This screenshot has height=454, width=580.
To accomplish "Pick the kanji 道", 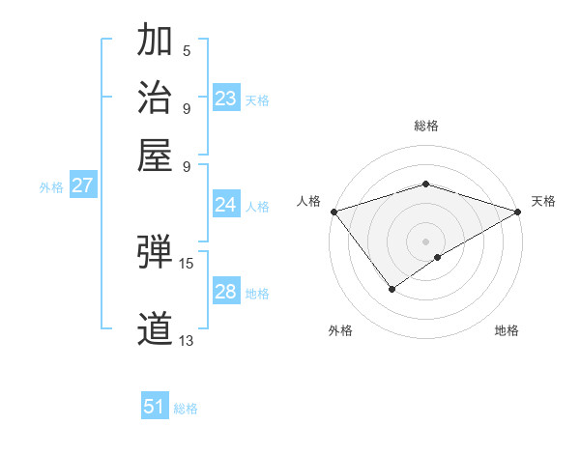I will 155,329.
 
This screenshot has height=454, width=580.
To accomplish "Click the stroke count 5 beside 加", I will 187,51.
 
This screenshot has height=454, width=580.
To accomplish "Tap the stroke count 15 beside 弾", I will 187,263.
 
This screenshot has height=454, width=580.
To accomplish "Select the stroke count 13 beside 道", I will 187,340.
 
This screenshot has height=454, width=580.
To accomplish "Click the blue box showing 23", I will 226,99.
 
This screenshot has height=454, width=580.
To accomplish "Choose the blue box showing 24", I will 226,205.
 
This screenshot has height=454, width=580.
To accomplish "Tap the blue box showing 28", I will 226,292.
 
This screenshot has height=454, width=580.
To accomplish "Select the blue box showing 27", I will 82,185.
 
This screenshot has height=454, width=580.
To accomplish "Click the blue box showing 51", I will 155,407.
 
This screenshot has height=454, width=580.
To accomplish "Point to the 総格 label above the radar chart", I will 425,126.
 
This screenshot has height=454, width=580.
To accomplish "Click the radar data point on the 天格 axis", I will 518,212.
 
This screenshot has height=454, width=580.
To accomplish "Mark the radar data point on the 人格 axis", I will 333,212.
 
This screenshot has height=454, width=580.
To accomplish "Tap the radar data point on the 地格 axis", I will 438,257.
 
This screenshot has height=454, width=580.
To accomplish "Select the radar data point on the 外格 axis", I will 391,288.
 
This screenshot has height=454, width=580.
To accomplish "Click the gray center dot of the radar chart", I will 425,241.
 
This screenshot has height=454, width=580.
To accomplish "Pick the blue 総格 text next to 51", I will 186,409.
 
